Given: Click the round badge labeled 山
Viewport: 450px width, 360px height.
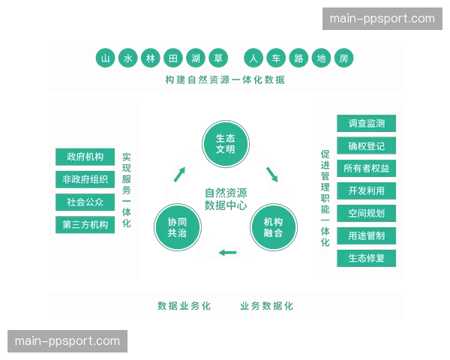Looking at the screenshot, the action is coord(105,58).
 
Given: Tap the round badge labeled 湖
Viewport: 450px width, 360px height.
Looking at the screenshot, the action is coord(196,58).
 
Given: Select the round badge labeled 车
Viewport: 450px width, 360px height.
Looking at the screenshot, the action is coord(276,58).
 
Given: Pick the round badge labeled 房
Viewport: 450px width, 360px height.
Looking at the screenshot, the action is coord(343,58).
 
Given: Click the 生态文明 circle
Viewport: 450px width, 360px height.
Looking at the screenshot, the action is coord(226,143).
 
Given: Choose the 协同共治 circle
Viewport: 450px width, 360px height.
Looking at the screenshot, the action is coord(178,227).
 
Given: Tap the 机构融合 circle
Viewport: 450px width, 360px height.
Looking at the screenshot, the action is coord(274,227).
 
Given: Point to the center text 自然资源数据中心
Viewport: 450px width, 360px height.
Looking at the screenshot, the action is coord(226,199).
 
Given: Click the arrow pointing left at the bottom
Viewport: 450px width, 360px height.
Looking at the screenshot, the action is coord(227,253).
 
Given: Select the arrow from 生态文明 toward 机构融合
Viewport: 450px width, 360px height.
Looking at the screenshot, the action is coord(272,174).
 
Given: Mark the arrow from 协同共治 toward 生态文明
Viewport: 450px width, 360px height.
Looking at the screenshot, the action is coord(180,174).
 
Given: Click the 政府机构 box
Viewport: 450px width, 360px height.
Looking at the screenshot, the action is coord(85,157).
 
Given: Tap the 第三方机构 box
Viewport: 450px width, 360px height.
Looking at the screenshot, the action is coord(85,224).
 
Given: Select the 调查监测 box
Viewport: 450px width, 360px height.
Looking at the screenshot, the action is coord(367,124).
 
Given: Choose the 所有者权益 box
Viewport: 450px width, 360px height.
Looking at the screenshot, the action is coord(367,168).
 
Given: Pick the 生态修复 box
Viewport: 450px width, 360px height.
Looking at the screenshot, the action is coord(367,258).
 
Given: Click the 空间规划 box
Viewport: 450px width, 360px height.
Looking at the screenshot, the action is coord(367,213).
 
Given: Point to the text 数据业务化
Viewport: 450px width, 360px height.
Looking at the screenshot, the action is coord(184,306).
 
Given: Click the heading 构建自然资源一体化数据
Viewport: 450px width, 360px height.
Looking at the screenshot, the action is coord(225,79).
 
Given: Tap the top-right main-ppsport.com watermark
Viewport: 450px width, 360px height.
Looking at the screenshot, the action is coord(382,19).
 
